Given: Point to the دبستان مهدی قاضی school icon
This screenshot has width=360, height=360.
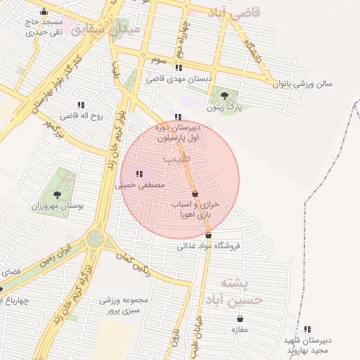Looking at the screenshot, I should [x=178, y=68].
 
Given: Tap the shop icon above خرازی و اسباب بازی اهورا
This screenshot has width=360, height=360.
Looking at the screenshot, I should [x=195, y=193].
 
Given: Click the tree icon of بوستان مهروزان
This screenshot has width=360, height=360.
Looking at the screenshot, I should [x=57, y=195].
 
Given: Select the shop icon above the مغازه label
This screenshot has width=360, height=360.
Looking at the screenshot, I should [x=240, y=319].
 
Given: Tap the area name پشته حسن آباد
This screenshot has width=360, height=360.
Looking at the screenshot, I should [x=232, y=291].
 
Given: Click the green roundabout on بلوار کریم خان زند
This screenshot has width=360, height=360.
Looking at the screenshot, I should [x=95, y=239].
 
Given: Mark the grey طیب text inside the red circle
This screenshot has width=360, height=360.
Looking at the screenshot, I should [x=176, y=160].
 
